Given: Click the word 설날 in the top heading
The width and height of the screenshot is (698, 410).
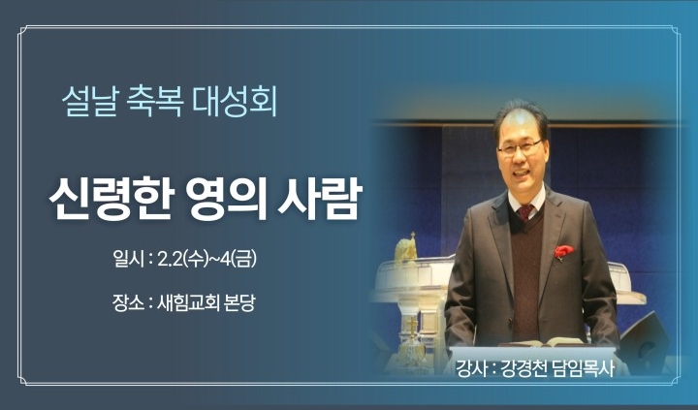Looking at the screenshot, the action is point(89,102).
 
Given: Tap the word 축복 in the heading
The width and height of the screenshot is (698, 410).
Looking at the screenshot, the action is point(154,102).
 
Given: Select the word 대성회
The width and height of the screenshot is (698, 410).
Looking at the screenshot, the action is point(235,102).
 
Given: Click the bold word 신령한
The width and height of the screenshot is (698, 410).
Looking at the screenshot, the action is point(110,199).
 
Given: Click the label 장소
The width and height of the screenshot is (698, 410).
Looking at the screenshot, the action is point(128,303).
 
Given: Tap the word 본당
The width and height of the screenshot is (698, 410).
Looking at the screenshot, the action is point(240,303).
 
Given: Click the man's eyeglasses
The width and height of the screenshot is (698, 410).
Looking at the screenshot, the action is point(521,147).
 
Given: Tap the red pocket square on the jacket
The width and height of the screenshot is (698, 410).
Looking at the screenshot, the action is point(563,251).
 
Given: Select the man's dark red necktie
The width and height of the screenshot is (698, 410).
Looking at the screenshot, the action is point(525,212).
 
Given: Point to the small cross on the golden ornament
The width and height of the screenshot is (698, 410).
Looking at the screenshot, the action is point(413,236).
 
